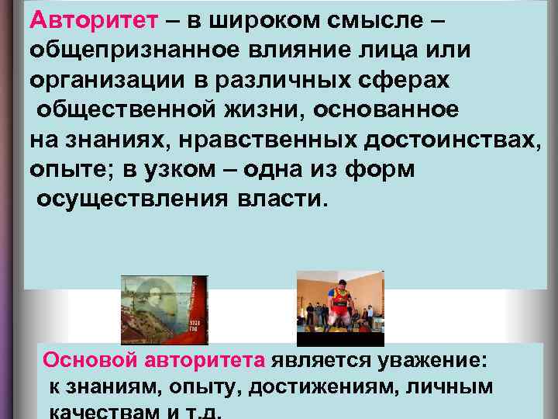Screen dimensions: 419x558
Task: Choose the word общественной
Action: click(125, 109)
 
